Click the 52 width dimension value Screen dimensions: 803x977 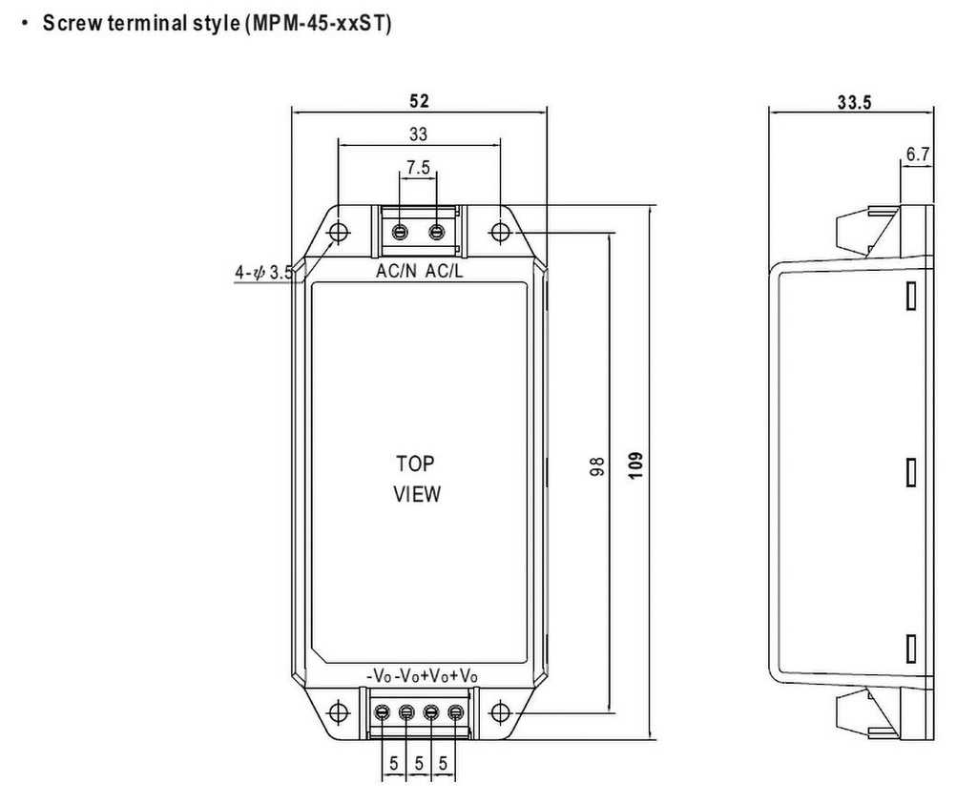pyautogui.click(x=419, y=101)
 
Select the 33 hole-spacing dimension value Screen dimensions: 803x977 pyautogui.click(x=418, y=134)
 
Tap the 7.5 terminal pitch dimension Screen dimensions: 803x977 pyautogui.click(x=418, y=168)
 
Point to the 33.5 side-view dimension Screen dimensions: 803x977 pyautogui.click(x=854, y=103)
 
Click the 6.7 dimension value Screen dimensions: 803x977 pyautogui.click(x=918, y=154)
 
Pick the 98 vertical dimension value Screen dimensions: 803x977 pyautogui.click(x=597, y=467)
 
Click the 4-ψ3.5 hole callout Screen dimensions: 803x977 pyautogui.click(x=263, y=273)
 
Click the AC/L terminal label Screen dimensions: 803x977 pyautogui.click(x=445, y=272)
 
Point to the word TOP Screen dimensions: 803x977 pyautogui.click(x=415, y=464)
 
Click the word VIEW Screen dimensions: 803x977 pyautogui.click(x=418, y=495)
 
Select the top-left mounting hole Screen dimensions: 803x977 pyautogui.click(x=338, y=232)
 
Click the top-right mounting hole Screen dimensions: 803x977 pyautogui.click(x=500, y=232)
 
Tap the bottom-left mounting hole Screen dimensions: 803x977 pyautogui.click(x=338, y=711)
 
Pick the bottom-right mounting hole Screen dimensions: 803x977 pyautogui.click(x=500, y=711)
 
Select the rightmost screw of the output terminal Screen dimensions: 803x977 pyautogui.click(x=455, y=712)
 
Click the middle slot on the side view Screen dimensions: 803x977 pyautogui.click(x=911, y=472)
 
